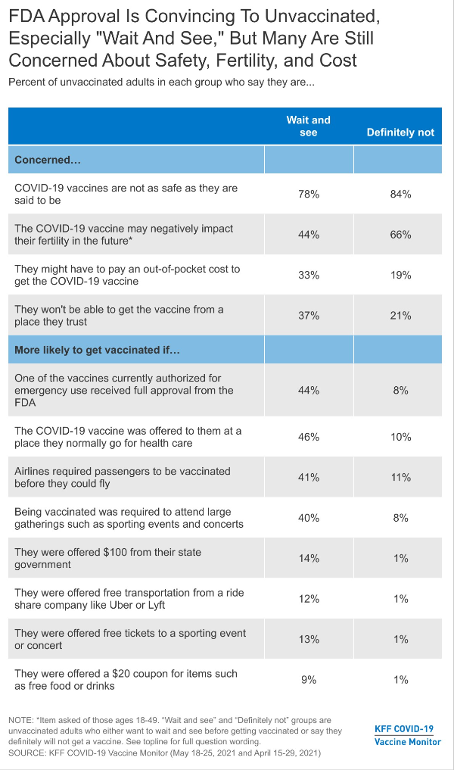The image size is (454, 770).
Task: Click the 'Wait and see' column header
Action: pyautogui.click(x=308, y=126)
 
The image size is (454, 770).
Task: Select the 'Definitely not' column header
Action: pyautogui.click(x=400, y=132)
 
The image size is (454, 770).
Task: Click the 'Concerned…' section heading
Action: pyautogui.click(x=48, y=161)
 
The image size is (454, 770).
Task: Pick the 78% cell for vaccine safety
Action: pyautogui.click(x=309, y=195)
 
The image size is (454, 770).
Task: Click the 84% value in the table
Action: pyautogui.click(x=400, y=195)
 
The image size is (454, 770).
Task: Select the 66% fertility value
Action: pyautogui.click(x=400, y=235)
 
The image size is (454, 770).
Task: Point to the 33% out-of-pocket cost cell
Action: pyautogui.click(x=309, y=275)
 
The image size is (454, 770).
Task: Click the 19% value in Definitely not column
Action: pyautogui.click(x=400, y=275)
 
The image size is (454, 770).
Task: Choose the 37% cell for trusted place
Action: pyautogui.click(x=309, y=315)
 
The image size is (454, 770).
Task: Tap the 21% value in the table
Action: pyautogui.click(x=400, y=315)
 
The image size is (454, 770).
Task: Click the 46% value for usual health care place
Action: pyautogui.click(x=309, y=437)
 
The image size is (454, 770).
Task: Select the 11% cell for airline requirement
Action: pyautogui.click(x=400, y=477)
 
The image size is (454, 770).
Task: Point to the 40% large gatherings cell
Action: pyautogui.click(x=309, y=518)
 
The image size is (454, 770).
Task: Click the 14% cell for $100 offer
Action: pyautogui.click(x=309, y=558)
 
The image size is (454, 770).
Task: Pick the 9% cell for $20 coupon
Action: pyautogui.click(x=309, y=680)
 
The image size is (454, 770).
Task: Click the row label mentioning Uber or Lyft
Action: pyautogui.click(x=129, y=599)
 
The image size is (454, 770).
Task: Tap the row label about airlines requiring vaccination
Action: pyautogui.click(x=123, y=477)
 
